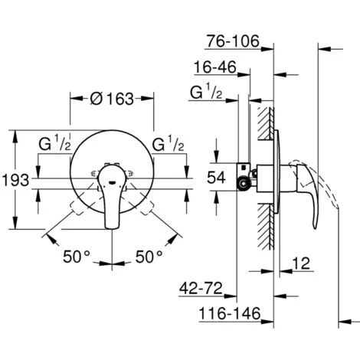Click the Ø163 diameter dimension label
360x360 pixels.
pos(112,99)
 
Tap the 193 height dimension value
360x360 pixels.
pos(15,180)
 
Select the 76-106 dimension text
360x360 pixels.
pos(233,41)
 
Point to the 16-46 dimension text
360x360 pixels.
pos(215,67)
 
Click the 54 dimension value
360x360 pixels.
pos(216,177)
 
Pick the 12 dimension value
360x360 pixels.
pos(301,263)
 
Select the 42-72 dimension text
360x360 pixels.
pos(201,289)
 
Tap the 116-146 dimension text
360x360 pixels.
pos(230,313)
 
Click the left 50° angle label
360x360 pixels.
pos(77,257)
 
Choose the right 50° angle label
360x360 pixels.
pos(149,257)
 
